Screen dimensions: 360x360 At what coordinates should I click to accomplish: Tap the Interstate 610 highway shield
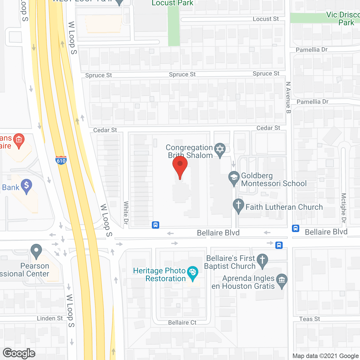click(x=61, y=160)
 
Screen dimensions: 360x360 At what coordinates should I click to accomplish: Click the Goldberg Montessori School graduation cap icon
click(x=234, y=178)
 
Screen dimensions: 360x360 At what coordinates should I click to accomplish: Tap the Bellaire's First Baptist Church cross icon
click(x=262, y=260)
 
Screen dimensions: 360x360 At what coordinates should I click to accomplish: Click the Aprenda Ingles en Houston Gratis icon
click(x=282, y=280)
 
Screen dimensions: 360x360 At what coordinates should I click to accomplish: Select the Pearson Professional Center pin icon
click(x=36, y=251)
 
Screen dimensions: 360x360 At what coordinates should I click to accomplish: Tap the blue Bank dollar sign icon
click(x=26, y=186)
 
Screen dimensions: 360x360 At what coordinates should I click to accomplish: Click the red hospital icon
click(x=19, y=140)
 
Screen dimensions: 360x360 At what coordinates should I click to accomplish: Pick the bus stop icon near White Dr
click(x=156, y=225)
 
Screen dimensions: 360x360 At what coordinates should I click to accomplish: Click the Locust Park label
click(x=172, y=3)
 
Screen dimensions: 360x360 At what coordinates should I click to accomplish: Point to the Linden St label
click(x=50, y=318)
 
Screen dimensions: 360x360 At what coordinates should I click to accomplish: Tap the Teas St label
click(x=309, y=319)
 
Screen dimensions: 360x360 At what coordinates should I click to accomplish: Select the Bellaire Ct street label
click(x=182, y=322)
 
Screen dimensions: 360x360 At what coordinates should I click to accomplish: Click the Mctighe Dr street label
click(x=343, y=208)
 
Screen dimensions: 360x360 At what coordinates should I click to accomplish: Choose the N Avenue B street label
click(x=288, y=98)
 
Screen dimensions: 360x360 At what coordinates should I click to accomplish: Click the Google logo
click(x=19, y=353)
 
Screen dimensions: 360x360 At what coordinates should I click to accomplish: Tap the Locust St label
click(x=265, y=19)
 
